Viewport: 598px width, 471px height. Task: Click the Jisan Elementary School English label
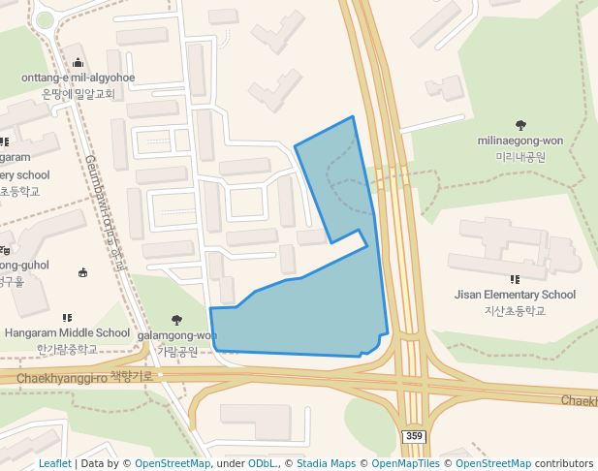515,295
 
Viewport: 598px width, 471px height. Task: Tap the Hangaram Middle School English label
67,332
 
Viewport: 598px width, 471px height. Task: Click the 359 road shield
414,437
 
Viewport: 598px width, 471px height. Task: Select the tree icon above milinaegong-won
520,125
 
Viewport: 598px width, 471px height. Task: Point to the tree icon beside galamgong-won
176,320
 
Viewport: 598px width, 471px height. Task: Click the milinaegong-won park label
520,141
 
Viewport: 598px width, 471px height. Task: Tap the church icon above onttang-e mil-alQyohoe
78,63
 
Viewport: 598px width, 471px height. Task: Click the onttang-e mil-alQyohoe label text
78,78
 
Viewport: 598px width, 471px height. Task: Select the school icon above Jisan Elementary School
515,279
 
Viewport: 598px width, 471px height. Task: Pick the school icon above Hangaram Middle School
67,317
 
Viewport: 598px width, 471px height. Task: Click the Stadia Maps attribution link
326,463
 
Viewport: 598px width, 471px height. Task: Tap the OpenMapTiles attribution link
400,463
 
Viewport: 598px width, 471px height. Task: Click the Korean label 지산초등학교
515,310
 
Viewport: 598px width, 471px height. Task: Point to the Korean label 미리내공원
520,156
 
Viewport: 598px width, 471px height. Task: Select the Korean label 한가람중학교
67,348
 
